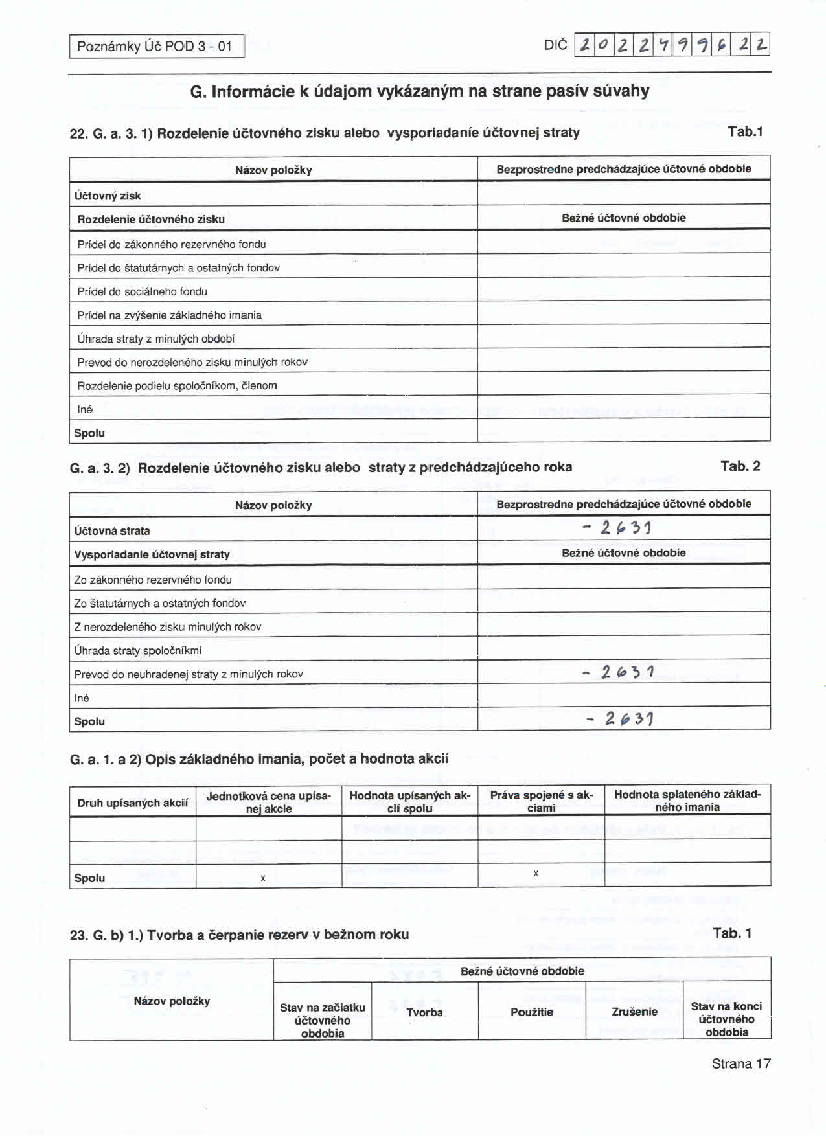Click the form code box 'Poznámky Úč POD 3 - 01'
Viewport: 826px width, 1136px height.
click(155, 46)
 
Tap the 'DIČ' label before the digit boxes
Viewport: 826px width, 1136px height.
click(555, 45)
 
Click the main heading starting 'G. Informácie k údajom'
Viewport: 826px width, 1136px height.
click(420, 91)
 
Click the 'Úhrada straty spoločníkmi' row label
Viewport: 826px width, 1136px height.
click(138, 650)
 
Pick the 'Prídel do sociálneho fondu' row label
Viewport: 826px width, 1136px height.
click(143, 291)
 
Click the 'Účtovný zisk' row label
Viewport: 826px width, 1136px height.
click(108, 196)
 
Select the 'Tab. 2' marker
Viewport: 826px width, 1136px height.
click(740, 466)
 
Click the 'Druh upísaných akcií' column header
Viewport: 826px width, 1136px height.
click(133, 803)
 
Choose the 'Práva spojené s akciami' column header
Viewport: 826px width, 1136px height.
click(542, 801)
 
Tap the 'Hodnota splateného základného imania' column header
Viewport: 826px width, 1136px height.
click(687, 801)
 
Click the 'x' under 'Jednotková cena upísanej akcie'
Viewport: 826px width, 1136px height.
click(263, 878)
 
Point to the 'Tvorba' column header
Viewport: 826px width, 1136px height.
click(425, 1012)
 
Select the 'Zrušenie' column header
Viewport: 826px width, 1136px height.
click(634, 1012)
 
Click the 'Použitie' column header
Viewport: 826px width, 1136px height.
click(532, 1012)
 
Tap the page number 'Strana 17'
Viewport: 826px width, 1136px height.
click(741, 1063)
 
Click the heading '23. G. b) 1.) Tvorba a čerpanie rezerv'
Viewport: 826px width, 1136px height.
click(240, 935)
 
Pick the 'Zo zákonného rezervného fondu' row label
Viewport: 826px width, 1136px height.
click(153, 580)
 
